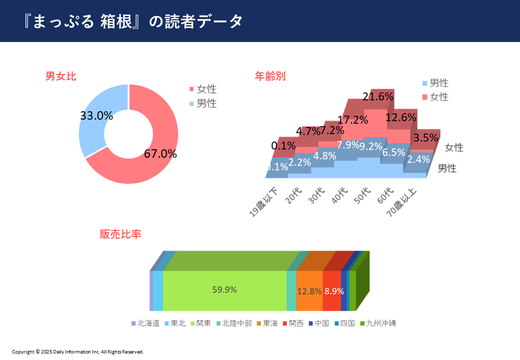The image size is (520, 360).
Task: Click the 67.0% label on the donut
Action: [160, 153]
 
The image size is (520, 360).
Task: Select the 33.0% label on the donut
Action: [96, 115]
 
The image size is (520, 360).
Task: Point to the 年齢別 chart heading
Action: [270, 76]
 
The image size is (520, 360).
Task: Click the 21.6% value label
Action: [378, 96]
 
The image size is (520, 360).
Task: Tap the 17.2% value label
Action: [353, 120]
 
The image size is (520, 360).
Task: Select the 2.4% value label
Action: [418, 159]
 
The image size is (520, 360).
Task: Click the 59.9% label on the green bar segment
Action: [224, 289]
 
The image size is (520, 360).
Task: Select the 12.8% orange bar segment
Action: [309, 291]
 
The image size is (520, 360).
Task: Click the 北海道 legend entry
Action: [145, 323]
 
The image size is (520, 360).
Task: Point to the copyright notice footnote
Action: [77, 352]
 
